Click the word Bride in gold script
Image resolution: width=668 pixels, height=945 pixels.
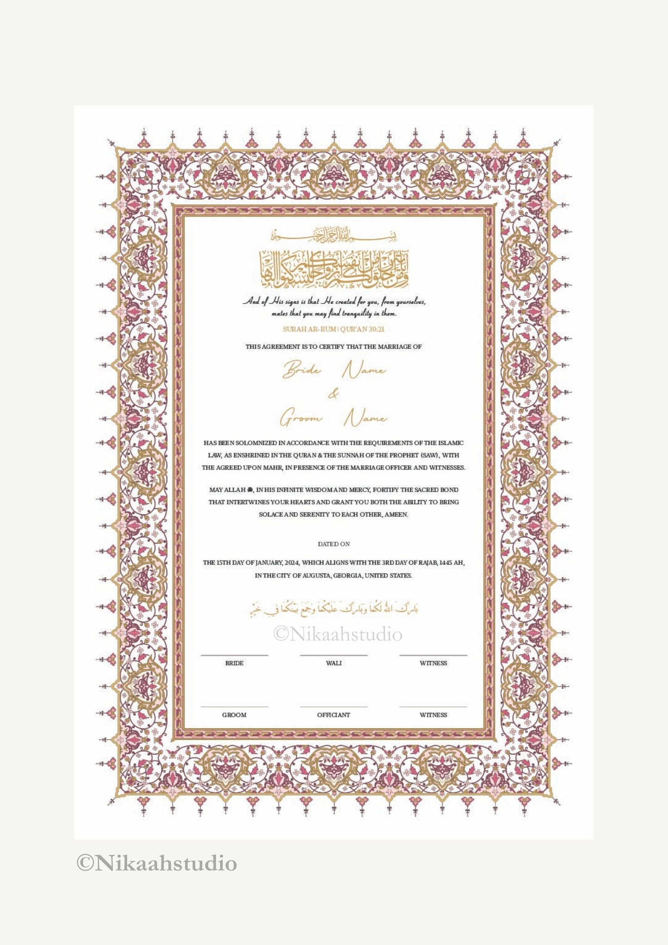pos(302,370)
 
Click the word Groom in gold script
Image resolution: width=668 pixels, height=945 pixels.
pos(301,418)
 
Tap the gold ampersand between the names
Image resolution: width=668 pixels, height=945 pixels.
pos(333,394)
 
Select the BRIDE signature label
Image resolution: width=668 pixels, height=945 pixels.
pos(234,663)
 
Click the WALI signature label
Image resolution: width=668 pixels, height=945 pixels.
pos(334,663)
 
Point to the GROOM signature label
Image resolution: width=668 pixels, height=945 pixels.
pos(234,715)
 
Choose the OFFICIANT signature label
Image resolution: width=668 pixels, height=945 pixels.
pos(334,715)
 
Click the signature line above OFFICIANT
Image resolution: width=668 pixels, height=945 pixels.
pos(334,706)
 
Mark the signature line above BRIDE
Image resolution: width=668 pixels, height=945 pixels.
pos(234,655)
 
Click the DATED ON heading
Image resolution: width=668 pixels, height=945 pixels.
pos(334,544)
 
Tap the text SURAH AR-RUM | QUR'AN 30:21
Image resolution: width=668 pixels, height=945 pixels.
pos(334,329)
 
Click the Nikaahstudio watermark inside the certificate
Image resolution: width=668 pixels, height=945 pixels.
pos(337,634)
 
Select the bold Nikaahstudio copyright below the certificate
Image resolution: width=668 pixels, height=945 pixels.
pos(157,863)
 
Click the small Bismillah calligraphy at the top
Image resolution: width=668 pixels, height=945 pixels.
pos(334,235)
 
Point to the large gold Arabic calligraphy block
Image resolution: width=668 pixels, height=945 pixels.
pos(334,268)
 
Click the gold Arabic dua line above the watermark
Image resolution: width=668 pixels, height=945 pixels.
pos(334,609)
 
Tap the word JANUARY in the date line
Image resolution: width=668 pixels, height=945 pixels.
pos(268,563)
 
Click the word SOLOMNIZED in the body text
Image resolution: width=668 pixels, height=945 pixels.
pos(260,443)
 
